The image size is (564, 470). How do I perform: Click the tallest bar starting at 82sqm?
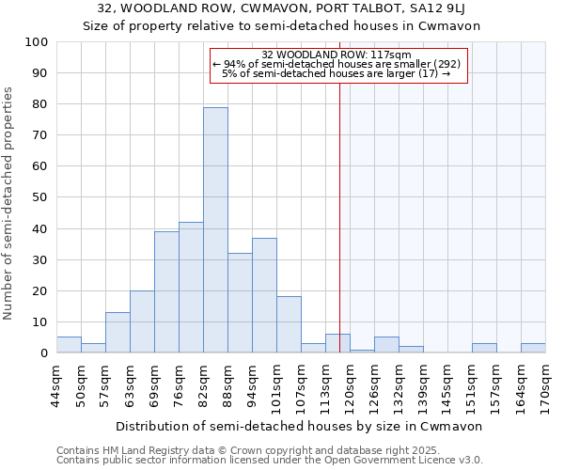click(x=215, y=230)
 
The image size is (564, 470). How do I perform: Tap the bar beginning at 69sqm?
click(x=166, y=292)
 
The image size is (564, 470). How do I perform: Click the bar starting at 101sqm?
click(x=289, y=325)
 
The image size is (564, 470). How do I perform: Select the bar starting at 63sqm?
click(x=142, y=321)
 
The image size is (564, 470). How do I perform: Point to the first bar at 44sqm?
click(x=69, y=345)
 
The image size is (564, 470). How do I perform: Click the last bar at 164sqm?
click(x=533, y=348)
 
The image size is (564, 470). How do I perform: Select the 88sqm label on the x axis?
click(x=227, y=383)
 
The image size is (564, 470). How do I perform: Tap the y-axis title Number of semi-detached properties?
click(x=8, y=203)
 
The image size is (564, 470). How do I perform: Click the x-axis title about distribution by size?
click(x=300, y=426)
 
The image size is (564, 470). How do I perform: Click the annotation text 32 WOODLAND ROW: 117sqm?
click(x=337, y=55)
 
